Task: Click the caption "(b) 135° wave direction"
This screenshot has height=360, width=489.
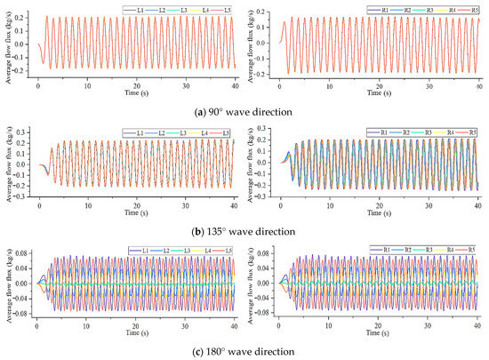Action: [x=244, y=231]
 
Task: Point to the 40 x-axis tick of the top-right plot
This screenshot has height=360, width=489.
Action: [x=479, y=84]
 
